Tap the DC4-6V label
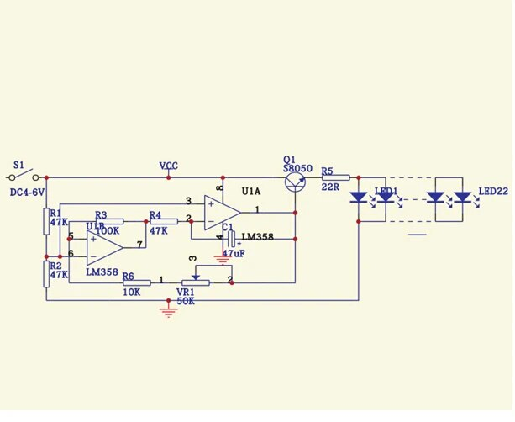[x=27, y=193]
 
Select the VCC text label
[x=169, y=166]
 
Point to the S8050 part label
[x=298, y=168]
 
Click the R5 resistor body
[x=336, y=177]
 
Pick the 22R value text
[x=330, y=187]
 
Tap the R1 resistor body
[x=47, y=221]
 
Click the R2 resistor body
[x=47, y=274]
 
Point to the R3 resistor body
[x=110, y=221]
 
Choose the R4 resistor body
[x=164, y=221]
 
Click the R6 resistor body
[x=137, y=282]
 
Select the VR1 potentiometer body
[x=196, y=282]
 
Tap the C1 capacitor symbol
[x=226, y=240]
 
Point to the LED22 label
[x=493, y=192]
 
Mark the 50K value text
[x=186, y=301]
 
